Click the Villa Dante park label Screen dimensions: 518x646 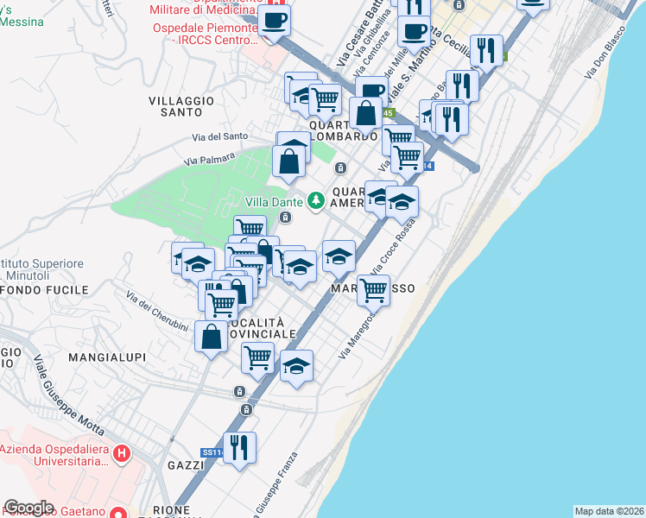click(x=274, y=201)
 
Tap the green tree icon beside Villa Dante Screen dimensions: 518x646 click(x=317, y=200)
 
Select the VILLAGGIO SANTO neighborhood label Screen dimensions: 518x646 click(x=181, y=106)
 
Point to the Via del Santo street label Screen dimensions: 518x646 click(x=220, y=136)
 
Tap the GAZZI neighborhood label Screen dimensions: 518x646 click(x=186, y=465)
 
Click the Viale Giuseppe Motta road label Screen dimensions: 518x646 click(x=68, y=393)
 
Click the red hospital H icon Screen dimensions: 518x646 click(x=123, y=452)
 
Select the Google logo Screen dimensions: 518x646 click(x=28, y=508)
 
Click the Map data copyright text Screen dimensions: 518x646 click(x=610, y=511)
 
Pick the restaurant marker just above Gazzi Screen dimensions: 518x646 click(x=239, y=447)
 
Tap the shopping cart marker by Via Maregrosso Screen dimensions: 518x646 click(x=373, y=290)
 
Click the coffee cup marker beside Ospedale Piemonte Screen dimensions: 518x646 click(x=275, y=21)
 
